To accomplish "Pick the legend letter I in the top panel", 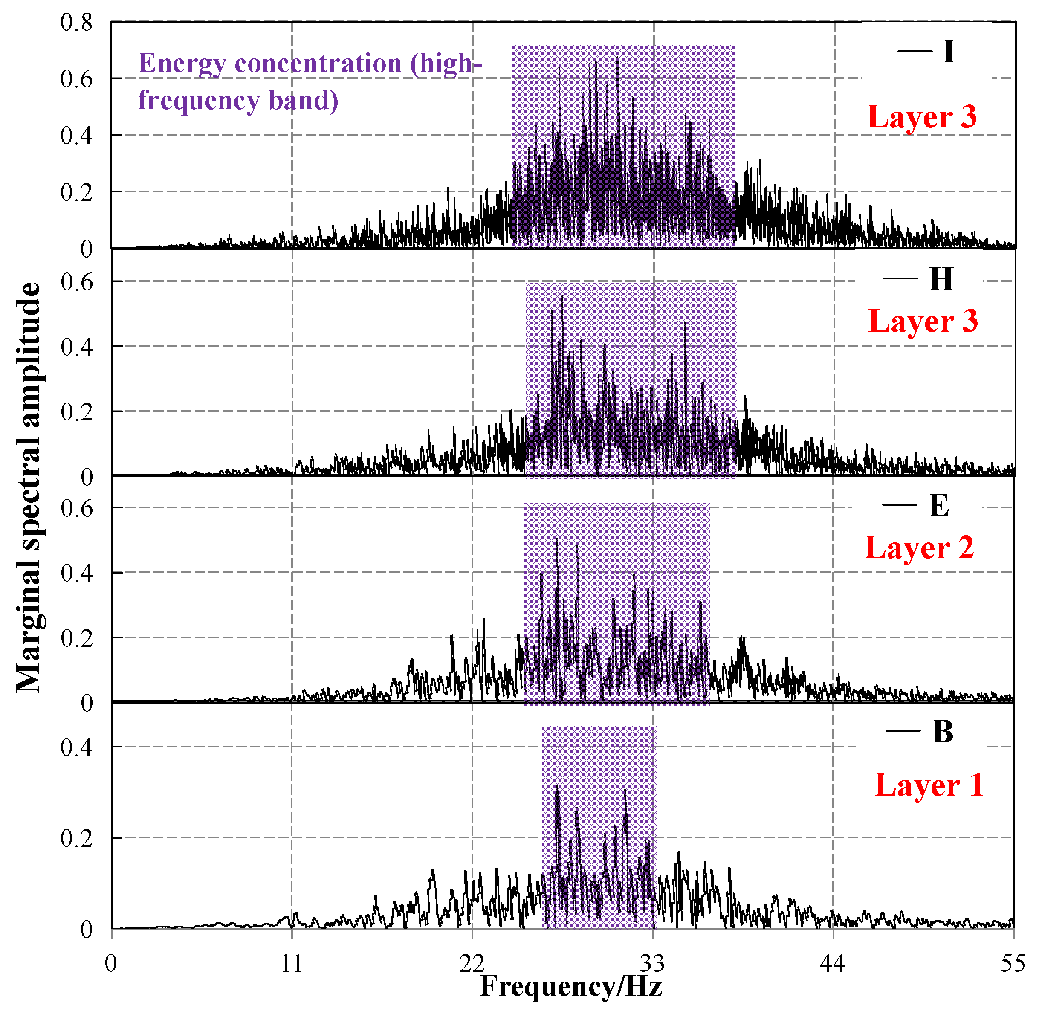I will click(949, 52).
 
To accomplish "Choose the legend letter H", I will click(941, 279).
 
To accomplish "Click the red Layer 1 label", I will click(929, 785).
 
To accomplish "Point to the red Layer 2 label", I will click(920, 548).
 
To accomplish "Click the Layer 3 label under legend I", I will click(922, 117).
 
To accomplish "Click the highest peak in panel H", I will click(562, 297).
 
